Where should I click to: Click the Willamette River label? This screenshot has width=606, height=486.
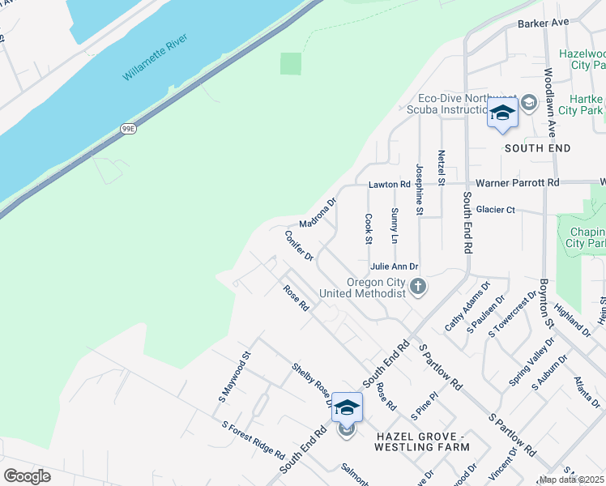click(156, 58)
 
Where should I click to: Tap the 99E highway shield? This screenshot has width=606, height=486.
click(128, 128)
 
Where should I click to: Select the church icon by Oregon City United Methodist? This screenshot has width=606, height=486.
click(418, 286)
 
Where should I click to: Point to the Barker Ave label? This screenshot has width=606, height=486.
click(543, 23)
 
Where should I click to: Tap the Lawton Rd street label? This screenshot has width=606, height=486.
click(385, 185)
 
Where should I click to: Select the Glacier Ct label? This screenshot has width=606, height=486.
click(495, 210)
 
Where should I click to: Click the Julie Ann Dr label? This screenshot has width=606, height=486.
click(394, 266)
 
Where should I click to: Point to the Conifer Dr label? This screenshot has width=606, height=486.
click(299, 246)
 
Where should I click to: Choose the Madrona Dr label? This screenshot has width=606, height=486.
click(317, 213)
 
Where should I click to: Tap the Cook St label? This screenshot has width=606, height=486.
click(368, 228)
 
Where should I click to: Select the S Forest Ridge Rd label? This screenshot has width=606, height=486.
click(253, 440)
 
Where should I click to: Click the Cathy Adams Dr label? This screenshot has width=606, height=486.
click(467, 307)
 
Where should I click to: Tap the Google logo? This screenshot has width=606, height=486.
click(27, 475)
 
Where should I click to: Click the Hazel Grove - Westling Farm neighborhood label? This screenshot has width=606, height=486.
click(422, 441)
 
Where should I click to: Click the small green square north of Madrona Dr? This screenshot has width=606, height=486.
click(291, 63)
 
